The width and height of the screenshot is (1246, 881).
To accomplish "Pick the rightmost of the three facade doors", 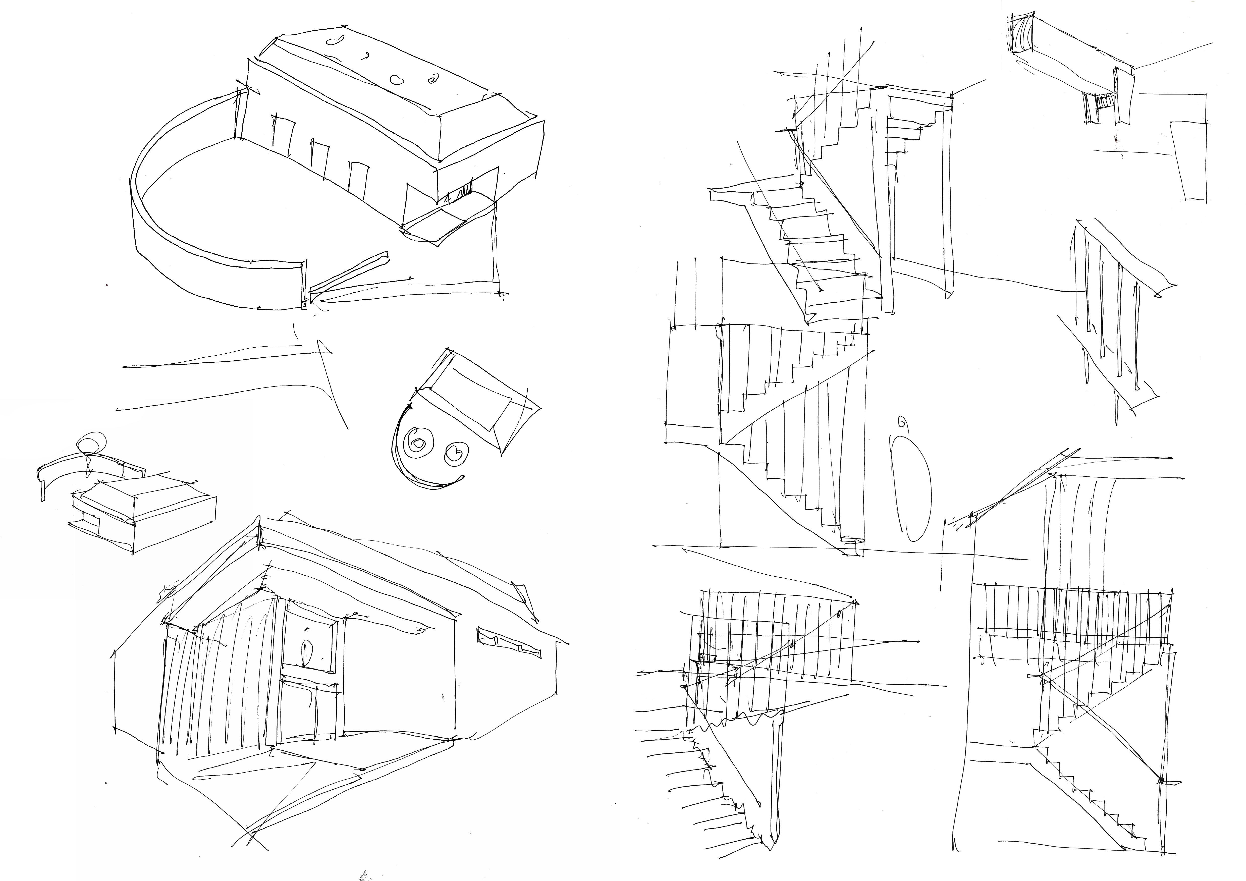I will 358,179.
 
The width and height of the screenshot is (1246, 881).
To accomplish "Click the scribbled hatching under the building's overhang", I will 461,193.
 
